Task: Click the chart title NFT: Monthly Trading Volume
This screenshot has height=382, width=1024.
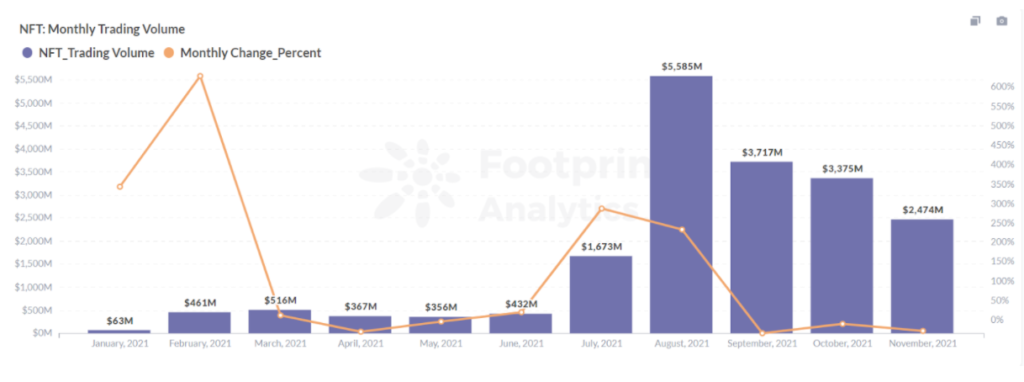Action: click(x=102, y=29)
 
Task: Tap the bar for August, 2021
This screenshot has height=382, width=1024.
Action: click(x=681, y=204)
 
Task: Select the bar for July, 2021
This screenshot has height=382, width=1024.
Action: click(x=601, y=294)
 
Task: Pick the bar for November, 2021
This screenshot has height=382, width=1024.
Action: click(x=922, y=276)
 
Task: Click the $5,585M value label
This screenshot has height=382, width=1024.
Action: click(x=681, y=66)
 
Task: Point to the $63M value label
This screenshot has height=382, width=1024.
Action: click(x=120, y=320)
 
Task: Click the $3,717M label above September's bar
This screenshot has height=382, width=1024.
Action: click(x=761, y=152)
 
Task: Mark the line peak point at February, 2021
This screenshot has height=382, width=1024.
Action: click(x=200, y=76)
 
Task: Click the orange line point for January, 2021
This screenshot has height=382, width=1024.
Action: click(x=120, y=187)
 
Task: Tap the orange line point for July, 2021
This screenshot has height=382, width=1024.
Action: click(x=601, y=208)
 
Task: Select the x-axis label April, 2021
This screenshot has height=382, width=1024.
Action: click(x=360, y=344)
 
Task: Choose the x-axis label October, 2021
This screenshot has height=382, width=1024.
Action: click(x=841, y=344)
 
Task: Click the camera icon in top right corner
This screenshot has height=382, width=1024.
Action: click(x=1001, y=21)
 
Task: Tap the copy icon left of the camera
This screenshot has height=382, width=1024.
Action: click(x=975, y=21)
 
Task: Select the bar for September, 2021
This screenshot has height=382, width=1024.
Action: click(x=761, y=247)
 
